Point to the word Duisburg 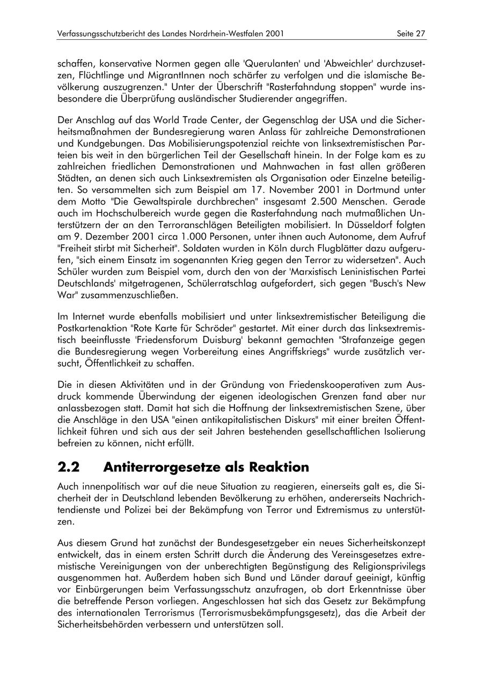tap(206, 341)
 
